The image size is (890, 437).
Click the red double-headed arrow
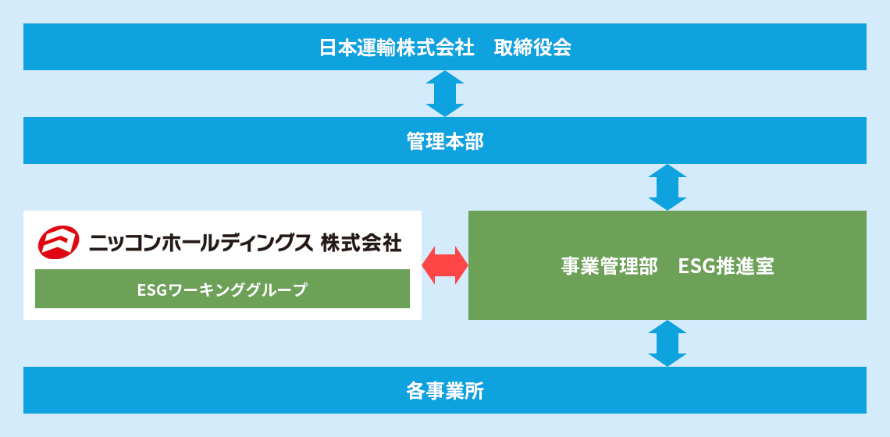coord(445,265)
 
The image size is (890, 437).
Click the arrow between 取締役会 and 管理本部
coord(445,94)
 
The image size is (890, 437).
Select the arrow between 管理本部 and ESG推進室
coord(667,187)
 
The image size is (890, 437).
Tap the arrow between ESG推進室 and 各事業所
coord(667,343)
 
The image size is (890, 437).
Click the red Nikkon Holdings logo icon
coord(59,243)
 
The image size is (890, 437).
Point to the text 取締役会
coord(532,48)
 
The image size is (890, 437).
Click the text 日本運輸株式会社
coord(397,48)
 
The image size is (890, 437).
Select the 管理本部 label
coord(445,141)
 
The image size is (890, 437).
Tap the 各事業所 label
coord(445,391)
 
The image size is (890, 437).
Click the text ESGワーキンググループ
coord(222,290)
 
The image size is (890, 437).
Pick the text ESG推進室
coord(726,266)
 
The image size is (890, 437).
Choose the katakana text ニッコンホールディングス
coord(201,243)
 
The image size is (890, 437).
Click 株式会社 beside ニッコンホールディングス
coord(361,243)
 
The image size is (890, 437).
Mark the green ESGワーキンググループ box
coord(222,289)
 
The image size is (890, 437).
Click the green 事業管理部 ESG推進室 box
coord(667,265)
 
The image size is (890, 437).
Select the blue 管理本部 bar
coord(445,140)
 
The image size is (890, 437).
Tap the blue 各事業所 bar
coord(445,390)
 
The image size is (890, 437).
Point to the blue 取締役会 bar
coord(445,47)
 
